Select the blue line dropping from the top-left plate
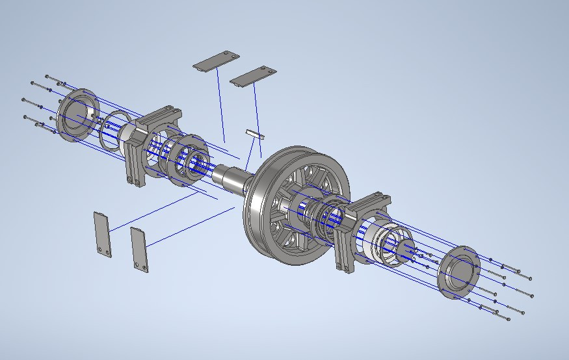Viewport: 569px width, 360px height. click(x=220, y=104)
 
